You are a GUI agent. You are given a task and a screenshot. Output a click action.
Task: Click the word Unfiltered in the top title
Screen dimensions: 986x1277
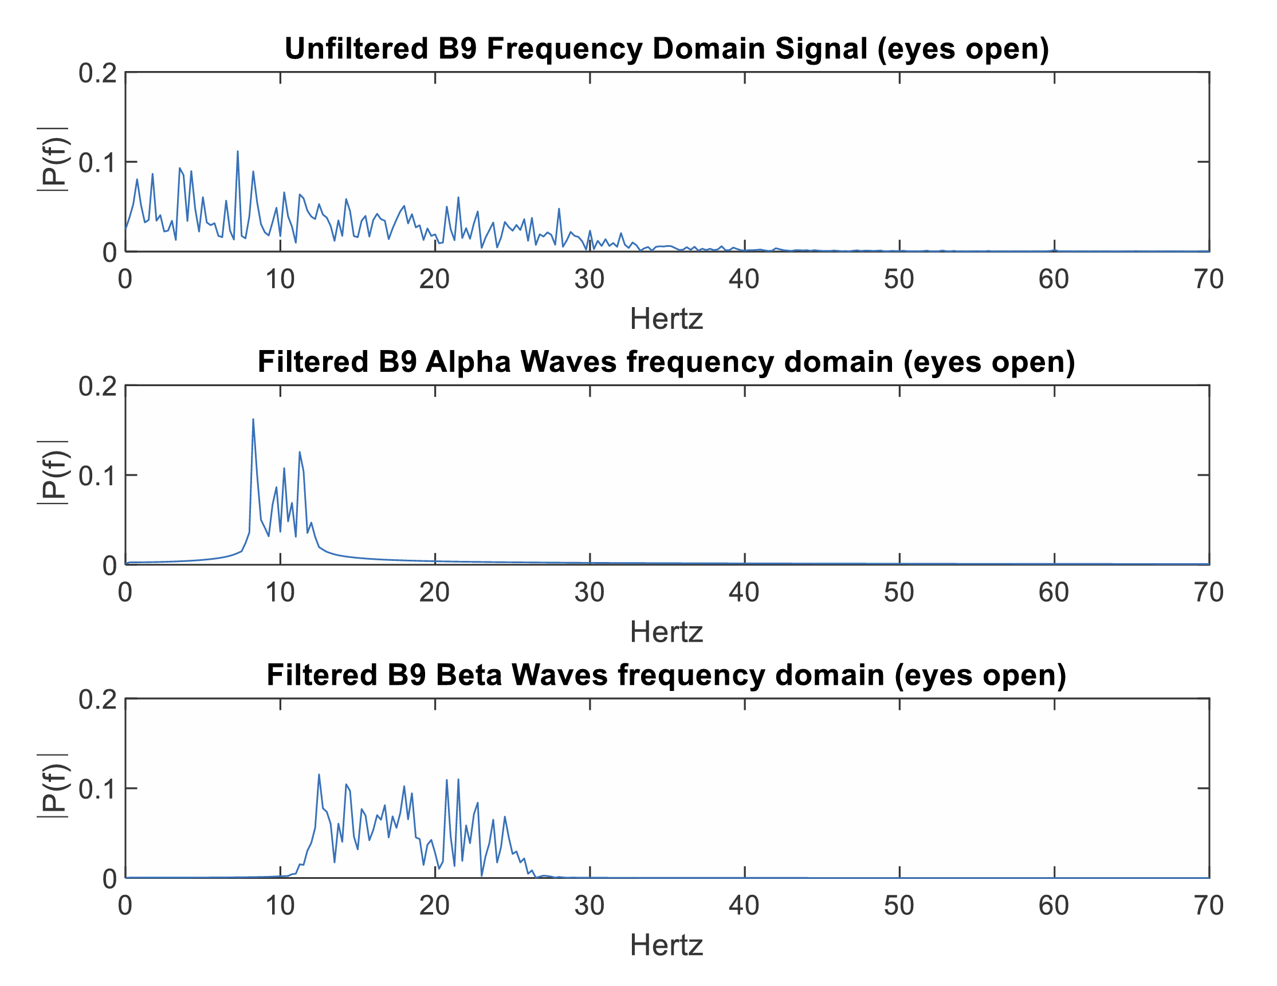[x=356, y=49]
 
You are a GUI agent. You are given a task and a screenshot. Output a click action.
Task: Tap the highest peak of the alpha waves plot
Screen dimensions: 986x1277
[x=253, y=419]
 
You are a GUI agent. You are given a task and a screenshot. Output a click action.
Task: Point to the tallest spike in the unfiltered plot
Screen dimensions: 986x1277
[x=237, y=151]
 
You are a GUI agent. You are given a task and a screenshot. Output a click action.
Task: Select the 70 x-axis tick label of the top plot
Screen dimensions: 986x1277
[x=1208, y=280]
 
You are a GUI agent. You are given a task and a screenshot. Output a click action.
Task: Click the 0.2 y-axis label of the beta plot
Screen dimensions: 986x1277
[x=97, y=700]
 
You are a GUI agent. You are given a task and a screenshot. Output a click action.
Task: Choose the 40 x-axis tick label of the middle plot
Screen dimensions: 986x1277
[x=744, y=593]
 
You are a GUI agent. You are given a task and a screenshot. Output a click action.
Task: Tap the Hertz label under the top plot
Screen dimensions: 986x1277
[x=666, y=319]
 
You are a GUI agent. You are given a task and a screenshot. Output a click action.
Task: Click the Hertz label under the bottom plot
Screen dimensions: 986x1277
[x=666, y=946]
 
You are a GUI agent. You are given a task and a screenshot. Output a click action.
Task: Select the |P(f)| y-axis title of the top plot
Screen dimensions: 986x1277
[x=53, y=159]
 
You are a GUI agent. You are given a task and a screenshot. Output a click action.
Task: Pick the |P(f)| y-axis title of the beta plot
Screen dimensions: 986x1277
[x=53, y=785]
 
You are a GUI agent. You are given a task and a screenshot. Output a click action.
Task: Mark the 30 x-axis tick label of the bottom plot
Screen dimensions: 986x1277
[x=590, y=906]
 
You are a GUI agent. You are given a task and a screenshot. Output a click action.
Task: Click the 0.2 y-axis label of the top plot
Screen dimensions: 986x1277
[x=97, y=74]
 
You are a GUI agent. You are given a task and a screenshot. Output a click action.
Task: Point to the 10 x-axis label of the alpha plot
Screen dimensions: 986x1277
[x=280, y=593]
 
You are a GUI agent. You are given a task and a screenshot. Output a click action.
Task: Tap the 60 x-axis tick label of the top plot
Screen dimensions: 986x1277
[x=1054, y=280]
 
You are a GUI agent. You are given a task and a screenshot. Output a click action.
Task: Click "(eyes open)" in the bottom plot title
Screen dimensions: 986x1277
[x=980, y=675]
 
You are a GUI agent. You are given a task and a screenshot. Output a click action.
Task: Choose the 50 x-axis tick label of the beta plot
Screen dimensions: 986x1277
[x=899, y=906]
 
